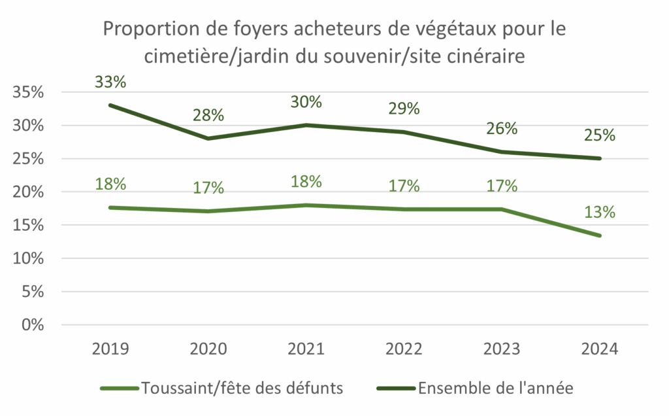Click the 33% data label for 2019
tap(110, 82)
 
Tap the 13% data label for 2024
tap(600, 213)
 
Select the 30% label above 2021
tap(306, 102)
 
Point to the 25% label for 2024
tap(600, 135)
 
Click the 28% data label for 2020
tap(208, 116)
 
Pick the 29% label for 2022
tap(404, 109)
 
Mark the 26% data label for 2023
tap(502, 129)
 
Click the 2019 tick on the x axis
tap(110, 347)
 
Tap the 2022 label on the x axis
tap(404, 347)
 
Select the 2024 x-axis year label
tap(600, 347)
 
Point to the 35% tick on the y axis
tap(28, 92)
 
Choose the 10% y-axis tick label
tap(28, 258)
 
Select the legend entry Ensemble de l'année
tap(495, 388)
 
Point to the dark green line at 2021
tap(306, 125)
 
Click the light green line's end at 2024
tap(600, 235)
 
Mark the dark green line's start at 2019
tap(110, 105)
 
